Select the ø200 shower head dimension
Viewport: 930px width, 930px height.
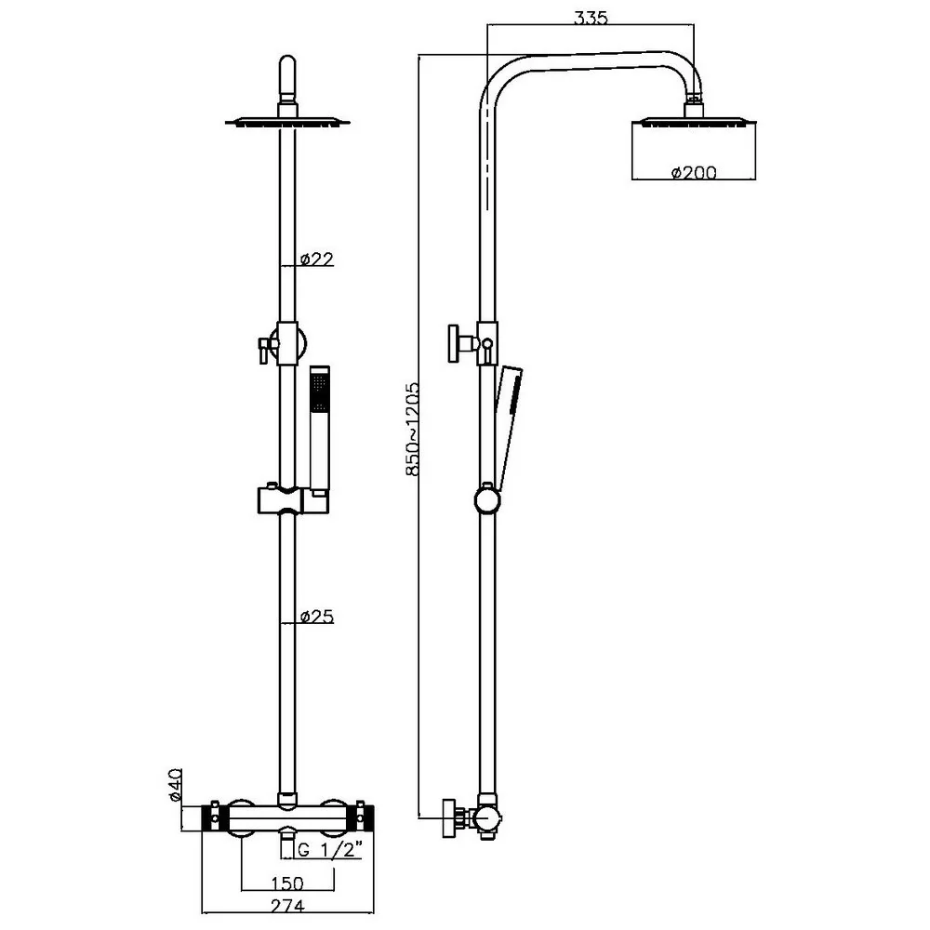click(694, 172)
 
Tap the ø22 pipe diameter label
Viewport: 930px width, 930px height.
click(317, 259)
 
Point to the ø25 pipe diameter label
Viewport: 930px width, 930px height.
click(317, 617)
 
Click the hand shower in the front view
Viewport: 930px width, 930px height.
click(319, 428)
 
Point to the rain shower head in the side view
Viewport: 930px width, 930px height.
click(694, 121)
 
